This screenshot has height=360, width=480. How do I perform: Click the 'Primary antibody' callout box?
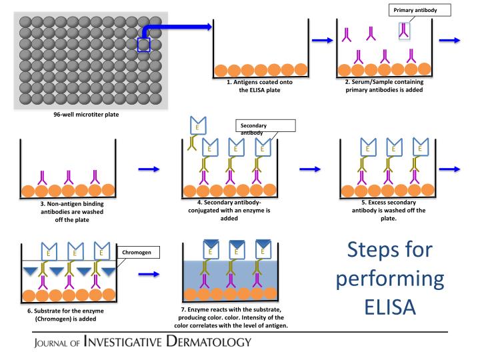(x=423, y=9)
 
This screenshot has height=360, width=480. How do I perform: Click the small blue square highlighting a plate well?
(x=144, y=44)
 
